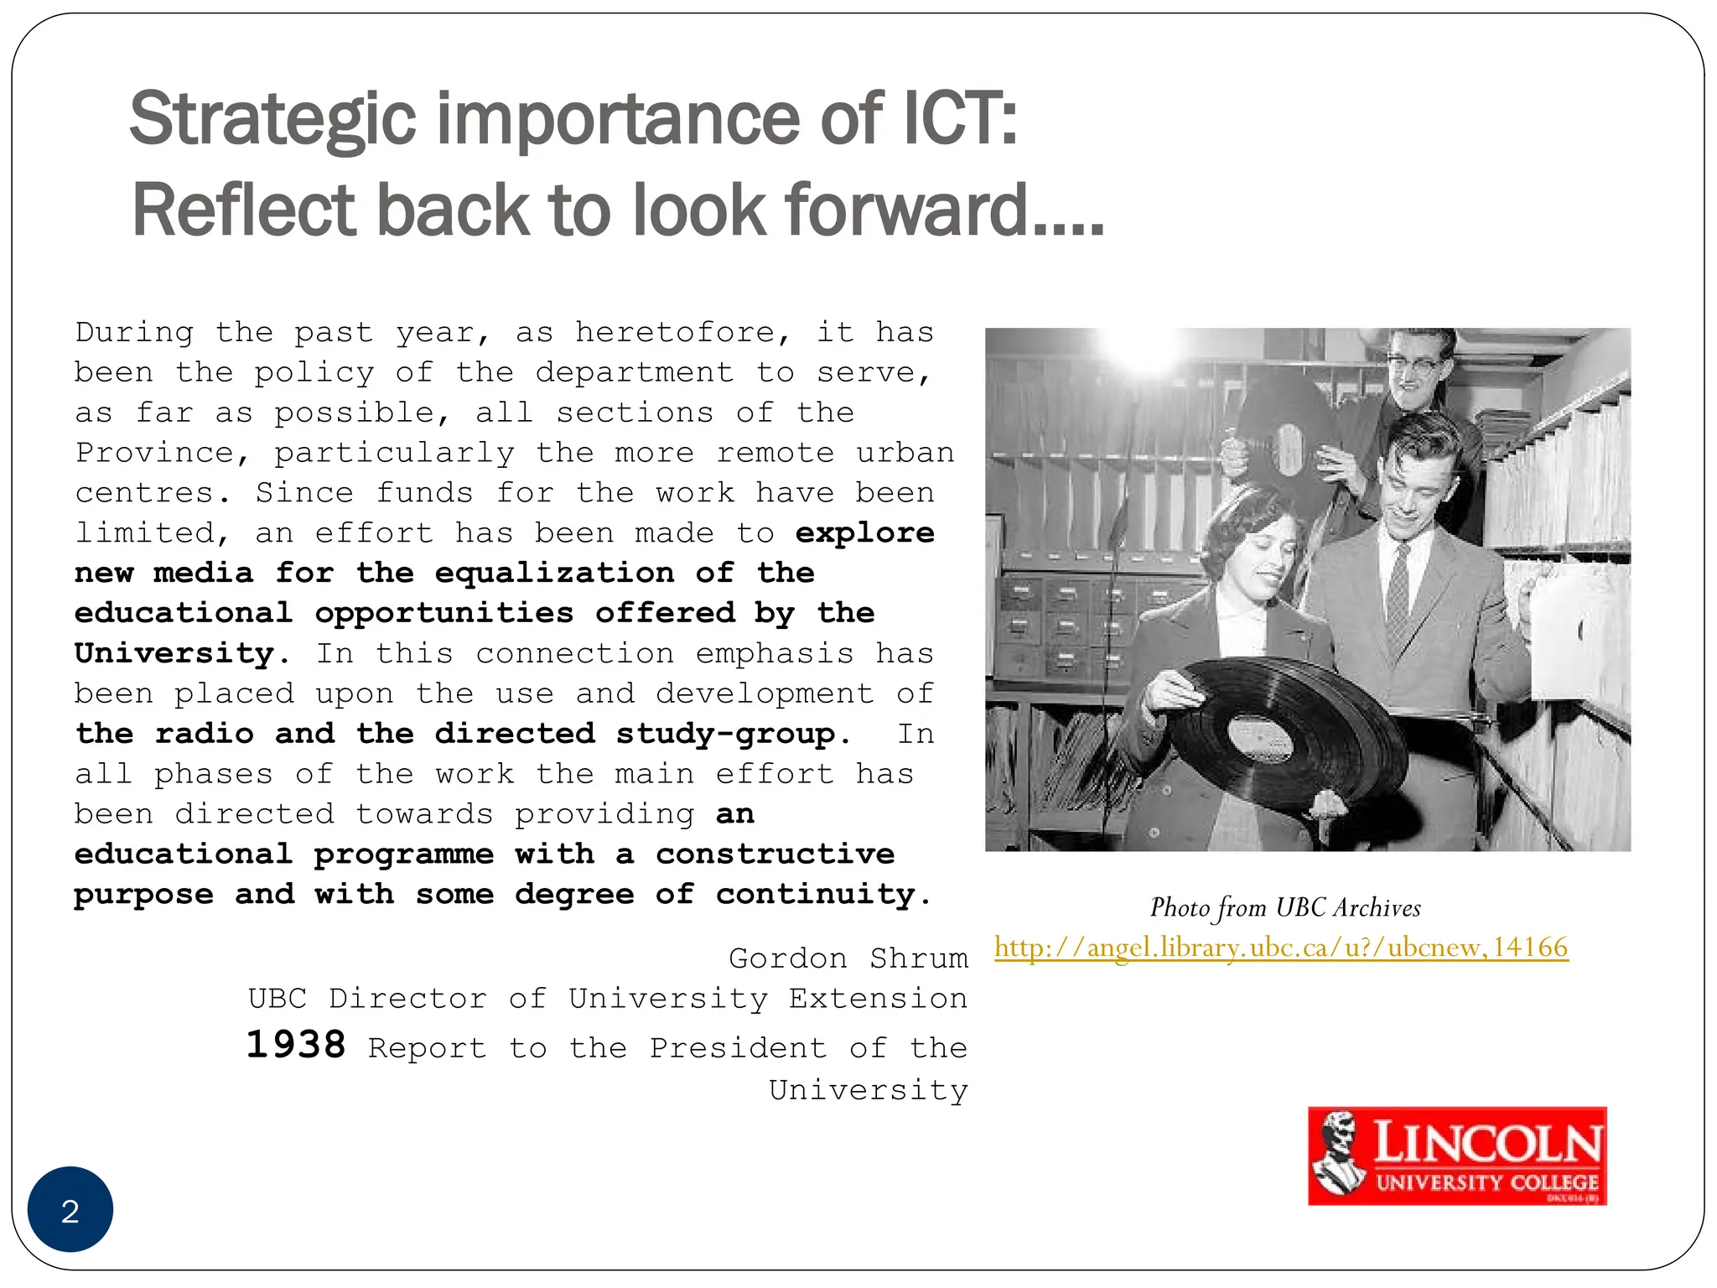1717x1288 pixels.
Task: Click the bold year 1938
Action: (x=296, y=1046)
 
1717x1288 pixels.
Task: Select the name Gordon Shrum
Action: (x=848, y=958)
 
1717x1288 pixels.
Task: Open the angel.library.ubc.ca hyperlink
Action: (x=1281, y=948)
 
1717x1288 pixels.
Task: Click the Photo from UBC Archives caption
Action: (x=1284, y=907)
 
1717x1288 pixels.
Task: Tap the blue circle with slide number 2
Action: (x=70, y=1210)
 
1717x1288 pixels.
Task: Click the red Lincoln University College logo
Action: (x=1457, y=1156)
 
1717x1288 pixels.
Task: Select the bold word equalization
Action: (x=554, y=574)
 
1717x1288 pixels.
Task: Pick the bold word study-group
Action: (x=725, y=734)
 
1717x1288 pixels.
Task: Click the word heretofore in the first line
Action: (x=675, y=333)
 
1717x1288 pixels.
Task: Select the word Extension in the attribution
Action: (x=878, y=999)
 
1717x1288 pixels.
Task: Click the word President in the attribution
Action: (x=738, y=1048)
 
